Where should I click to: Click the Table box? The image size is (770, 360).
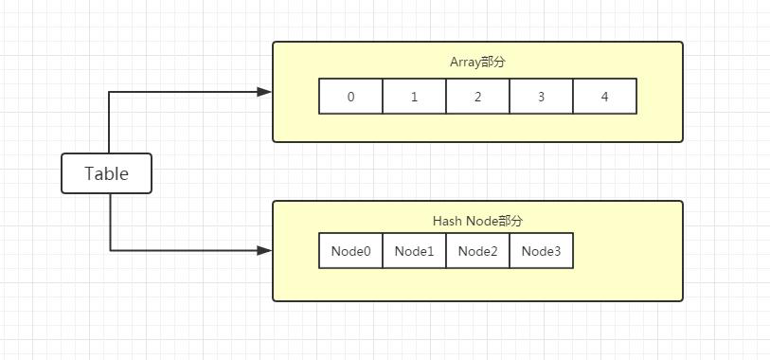(106, 173)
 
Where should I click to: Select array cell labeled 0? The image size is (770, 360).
(350, 97)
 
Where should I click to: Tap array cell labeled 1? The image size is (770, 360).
(414, 97)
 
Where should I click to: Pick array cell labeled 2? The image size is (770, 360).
(477, 97)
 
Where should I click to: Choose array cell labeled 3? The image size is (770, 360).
(541, 97)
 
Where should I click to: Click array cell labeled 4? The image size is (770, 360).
(604, 97)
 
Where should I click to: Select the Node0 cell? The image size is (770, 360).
(350, 251)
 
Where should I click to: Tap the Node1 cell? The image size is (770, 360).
(414, 251)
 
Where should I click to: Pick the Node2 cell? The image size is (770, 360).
(477, 251)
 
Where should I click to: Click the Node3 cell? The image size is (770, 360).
(541, 251)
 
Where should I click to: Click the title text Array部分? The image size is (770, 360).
(477, 63)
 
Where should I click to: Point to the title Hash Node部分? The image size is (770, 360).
(477, 221)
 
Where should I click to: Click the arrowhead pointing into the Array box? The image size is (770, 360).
(265, 92)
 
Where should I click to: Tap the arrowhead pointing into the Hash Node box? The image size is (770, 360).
(265, 251)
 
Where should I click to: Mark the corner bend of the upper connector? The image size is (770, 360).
(110, 92)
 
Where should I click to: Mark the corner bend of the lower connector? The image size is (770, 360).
(110, 251)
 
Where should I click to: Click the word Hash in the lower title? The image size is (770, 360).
(447, 221)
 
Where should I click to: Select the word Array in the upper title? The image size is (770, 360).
(465, 63)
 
